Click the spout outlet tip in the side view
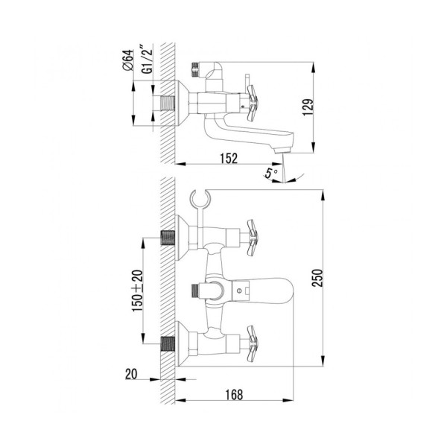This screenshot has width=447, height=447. tap(282, 149)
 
